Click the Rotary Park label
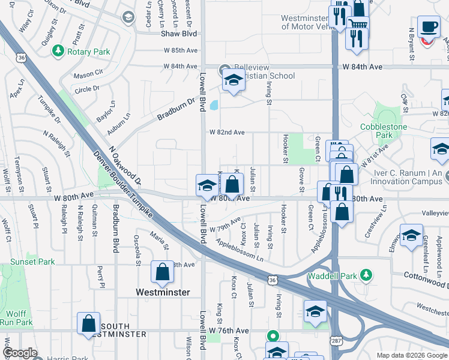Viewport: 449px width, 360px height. (x=88, y=52)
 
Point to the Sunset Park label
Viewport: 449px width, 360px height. (x=32, y=262)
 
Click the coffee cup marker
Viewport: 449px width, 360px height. (x=429, y=28)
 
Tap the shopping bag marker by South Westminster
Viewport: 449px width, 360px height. (x=89, y=323)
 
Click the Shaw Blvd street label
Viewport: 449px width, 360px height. (x=178, y=34)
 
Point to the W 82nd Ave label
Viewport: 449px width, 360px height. (x=227, y=132)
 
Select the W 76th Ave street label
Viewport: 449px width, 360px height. (x=229, y=331)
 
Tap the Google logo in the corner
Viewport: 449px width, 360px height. (x=20, y=353)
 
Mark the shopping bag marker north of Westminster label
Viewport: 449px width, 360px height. (x=163, y=272)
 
